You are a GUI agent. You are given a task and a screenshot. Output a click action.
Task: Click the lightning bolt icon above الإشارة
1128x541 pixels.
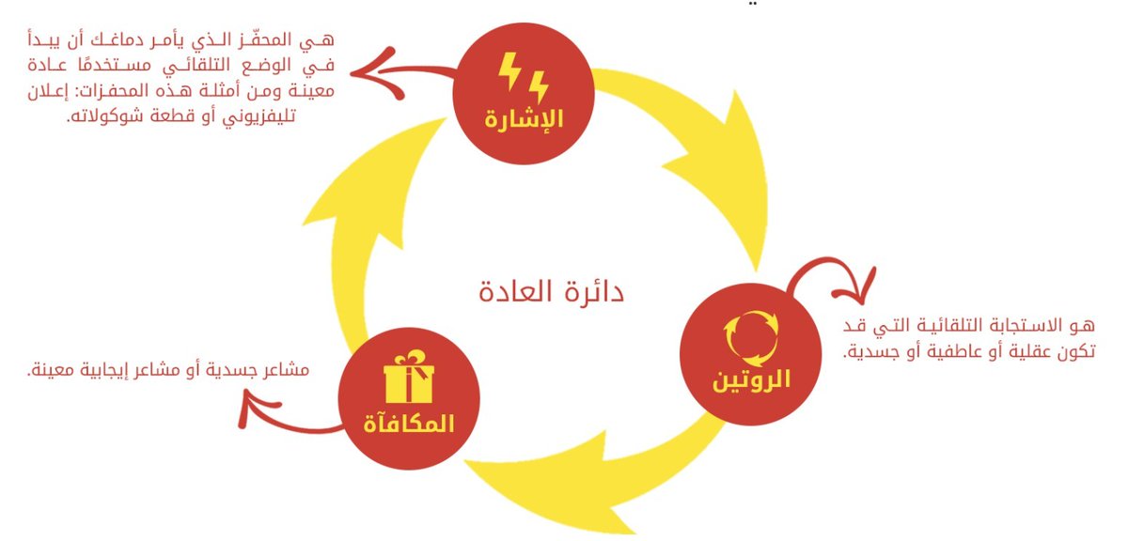(x=523, y=77)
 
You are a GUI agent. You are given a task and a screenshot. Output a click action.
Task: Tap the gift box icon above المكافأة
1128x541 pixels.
(x=409, y=378)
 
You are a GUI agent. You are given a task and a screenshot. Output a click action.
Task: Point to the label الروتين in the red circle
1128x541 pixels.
(x=749, y=380)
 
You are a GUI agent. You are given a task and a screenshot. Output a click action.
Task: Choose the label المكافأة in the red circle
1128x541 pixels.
(x=409, y=423)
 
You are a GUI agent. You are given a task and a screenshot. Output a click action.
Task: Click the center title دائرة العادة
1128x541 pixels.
(x=551, y=291)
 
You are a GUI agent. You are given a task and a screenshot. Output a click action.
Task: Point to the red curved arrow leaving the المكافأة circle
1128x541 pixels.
(x=282, y=419)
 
